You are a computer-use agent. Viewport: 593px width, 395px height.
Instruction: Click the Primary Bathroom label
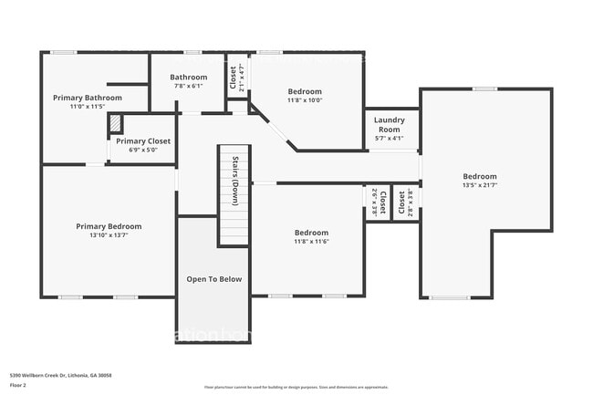[88, 98]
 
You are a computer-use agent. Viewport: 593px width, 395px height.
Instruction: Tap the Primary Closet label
[143, 141]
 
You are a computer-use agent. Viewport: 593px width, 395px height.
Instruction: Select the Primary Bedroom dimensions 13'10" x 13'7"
[109, 235]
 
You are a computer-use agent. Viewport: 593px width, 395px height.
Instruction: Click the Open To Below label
[214, 279]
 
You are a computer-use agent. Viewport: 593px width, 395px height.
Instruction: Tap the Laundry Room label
[389, 124]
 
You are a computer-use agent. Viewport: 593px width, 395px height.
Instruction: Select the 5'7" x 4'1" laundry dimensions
[389, 139]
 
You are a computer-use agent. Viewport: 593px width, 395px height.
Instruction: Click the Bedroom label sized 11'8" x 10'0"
[305, 91]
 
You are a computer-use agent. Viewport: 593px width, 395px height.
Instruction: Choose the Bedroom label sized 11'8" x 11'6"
[311, 233]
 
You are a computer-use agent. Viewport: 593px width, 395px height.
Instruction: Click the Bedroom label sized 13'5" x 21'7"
[479, 176]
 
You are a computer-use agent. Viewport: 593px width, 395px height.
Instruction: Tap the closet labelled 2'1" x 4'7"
[233, 79]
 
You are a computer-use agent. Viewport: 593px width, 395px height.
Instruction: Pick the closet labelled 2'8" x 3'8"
[405, 201]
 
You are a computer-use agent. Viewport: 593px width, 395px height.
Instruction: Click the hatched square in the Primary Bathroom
[115, 122]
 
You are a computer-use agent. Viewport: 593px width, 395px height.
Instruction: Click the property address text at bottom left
[54, 374]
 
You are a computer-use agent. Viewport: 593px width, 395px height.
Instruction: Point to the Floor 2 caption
[19, 386]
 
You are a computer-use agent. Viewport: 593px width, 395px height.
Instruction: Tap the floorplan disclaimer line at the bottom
[296, 387]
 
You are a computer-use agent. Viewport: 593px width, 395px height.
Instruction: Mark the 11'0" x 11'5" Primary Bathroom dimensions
[88, 107]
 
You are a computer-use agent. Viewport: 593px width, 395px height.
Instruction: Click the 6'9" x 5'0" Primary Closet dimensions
[143, 151]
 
